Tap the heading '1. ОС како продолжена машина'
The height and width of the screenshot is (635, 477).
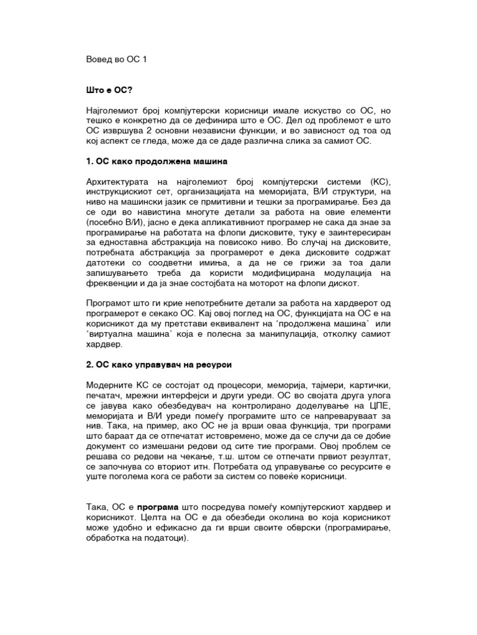(157, 161)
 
